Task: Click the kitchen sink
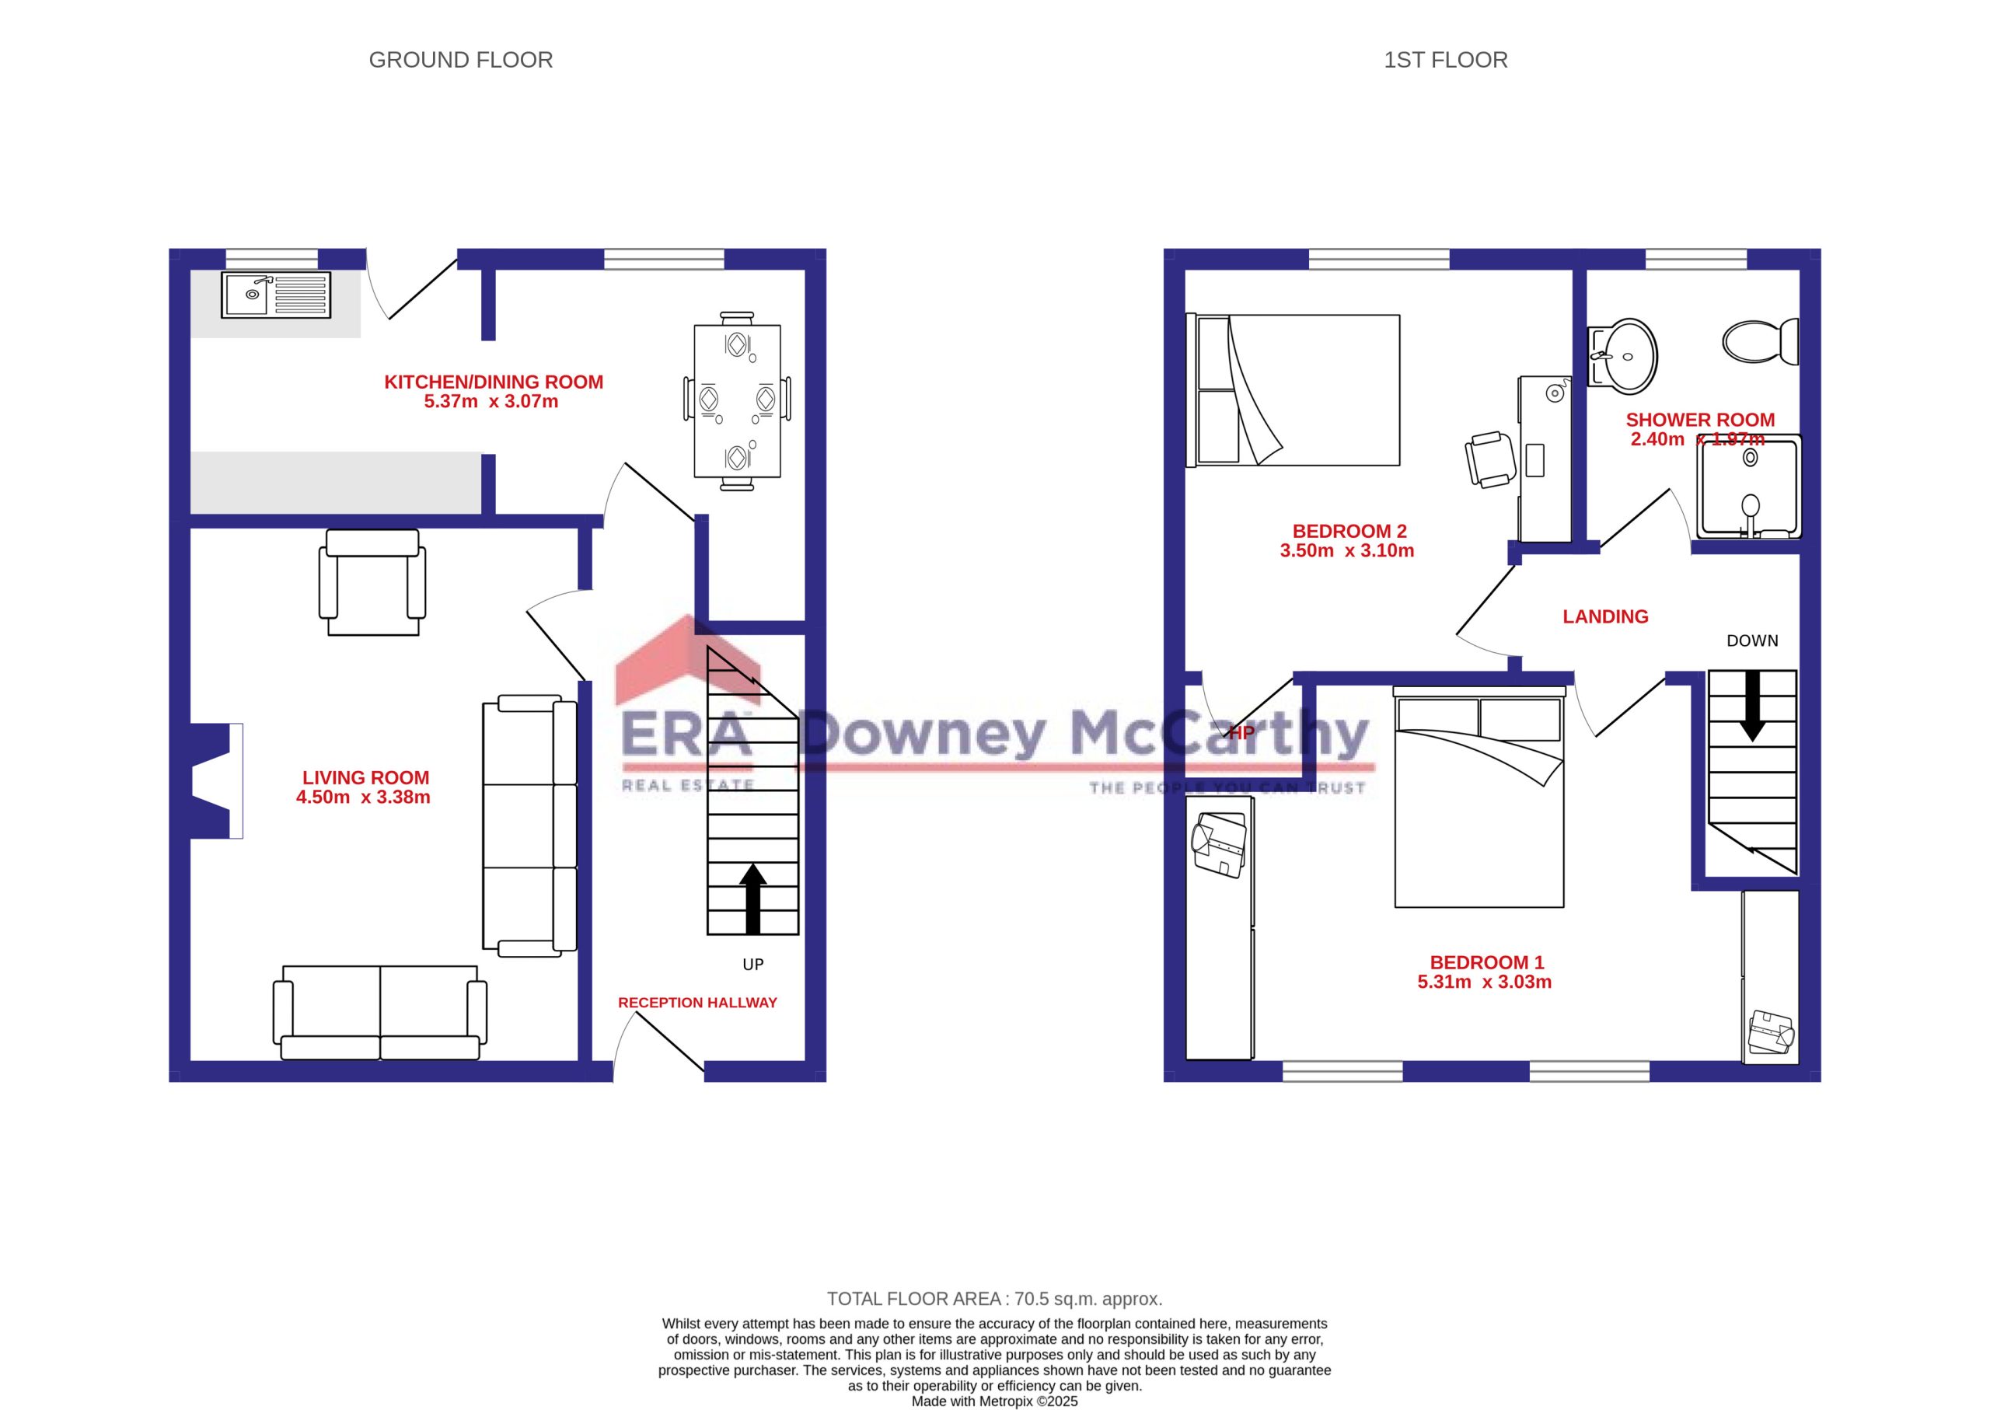[276, 295]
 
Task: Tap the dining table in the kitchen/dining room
[737, 401]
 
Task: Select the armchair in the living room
[372, 581]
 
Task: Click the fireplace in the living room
[216, 780]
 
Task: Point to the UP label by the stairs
[752, 965]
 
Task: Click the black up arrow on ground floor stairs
[752, 899]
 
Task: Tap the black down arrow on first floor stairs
[1752, 706]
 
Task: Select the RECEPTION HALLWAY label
[697, 1003]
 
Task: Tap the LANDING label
[1605, 616]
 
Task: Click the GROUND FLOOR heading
[461, 60]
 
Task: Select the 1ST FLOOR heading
[1446, 60]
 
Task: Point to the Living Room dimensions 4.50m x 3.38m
[363, 797]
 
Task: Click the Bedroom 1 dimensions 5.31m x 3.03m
[1485, 982]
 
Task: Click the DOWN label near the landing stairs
[1752, 640]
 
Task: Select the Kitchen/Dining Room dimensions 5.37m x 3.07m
[491, 401]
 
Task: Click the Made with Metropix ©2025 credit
[995, 1401]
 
